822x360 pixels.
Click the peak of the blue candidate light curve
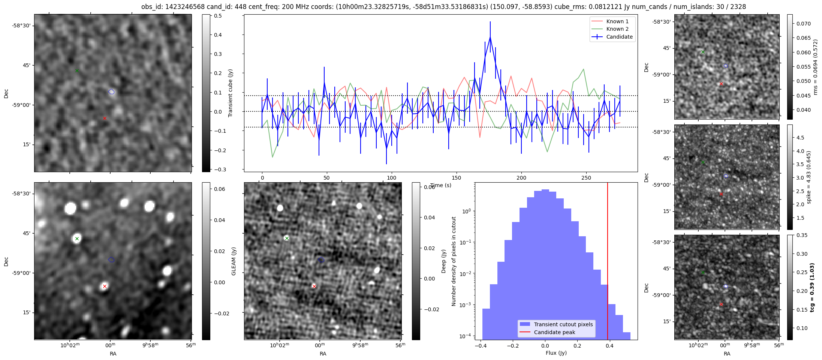tap(490, 37)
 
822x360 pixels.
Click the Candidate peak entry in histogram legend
tap(554, 332)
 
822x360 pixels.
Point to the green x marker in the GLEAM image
tap(77, 238)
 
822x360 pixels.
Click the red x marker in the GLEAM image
tap(105, 286)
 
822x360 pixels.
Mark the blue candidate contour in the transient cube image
tap(111, 91)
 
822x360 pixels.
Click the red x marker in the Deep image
tap(314, 286)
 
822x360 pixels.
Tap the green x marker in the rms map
tap(703, 52)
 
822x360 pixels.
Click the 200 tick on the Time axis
tap(521, 178)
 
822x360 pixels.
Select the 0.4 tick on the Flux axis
tap(610, 346)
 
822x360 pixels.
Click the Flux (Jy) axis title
tap(556, 353)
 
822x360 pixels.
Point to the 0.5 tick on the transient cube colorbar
tap(218, 16)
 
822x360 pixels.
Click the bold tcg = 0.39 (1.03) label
tap(812, 288)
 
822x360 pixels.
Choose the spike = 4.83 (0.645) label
tap(809, 177)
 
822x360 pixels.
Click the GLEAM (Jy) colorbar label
tap(234, 261)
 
